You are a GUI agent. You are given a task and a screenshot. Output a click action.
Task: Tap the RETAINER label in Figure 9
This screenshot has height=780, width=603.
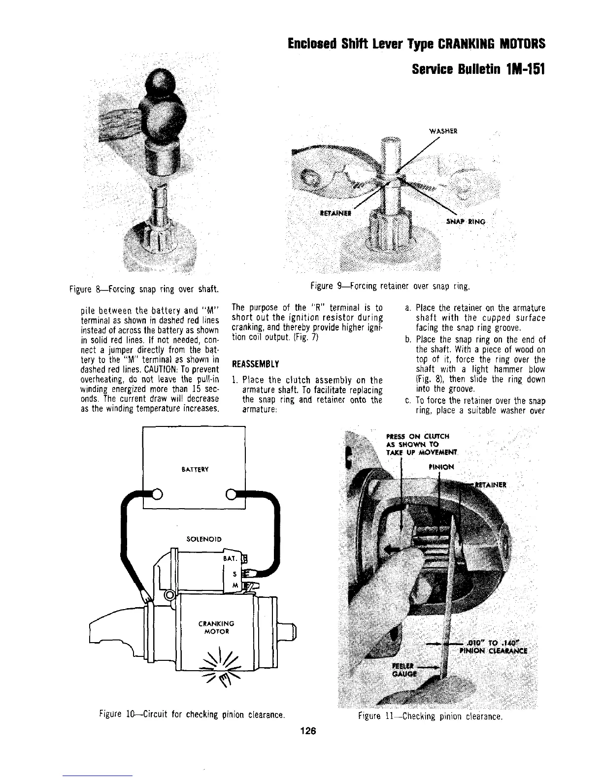[334, 214]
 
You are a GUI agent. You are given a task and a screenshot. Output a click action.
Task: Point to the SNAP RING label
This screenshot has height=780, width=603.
[466, 222]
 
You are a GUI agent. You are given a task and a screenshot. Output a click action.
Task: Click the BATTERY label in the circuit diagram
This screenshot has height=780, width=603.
[193, 469]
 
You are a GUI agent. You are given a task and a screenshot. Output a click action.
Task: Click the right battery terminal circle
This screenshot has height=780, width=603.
[230, 494]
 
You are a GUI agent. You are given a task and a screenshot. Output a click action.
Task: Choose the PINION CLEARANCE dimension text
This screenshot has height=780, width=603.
[493, 646]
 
